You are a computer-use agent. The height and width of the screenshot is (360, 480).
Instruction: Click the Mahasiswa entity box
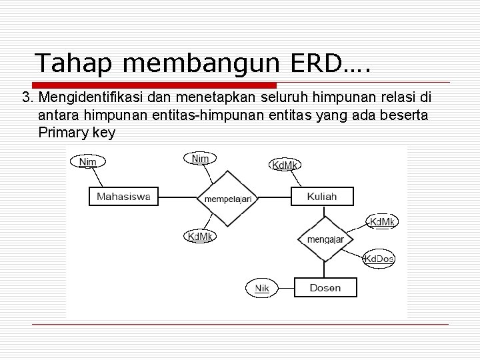click(123, 197)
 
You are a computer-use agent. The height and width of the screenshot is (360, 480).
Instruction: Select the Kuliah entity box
click(322, 197)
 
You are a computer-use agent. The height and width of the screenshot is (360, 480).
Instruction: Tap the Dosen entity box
click(325, 288)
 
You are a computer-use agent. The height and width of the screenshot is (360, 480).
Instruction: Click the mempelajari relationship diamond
click(227, 198)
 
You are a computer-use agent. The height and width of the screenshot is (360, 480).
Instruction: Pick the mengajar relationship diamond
click(325, 239)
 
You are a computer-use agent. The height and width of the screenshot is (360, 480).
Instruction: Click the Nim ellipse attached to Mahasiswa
click(87, 161)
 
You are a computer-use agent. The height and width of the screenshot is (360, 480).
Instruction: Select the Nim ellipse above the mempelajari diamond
click(200, 158)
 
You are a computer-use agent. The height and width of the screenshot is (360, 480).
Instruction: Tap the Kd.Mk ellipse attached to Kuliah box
click(285, 164)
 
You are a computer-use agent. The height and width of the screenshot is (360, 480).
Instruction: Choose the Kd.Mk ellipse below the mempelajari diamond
click(199, 236)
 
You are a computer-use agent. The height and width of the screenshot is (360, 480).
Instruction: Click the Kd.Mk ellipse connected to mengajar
click(382, 221)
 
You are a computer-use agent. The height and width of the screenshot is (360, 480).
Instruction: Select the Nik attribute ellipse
click(262, 288)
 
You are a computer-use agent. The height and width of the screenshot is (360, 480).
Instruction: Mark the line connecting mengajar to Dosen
click(325, 269)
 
